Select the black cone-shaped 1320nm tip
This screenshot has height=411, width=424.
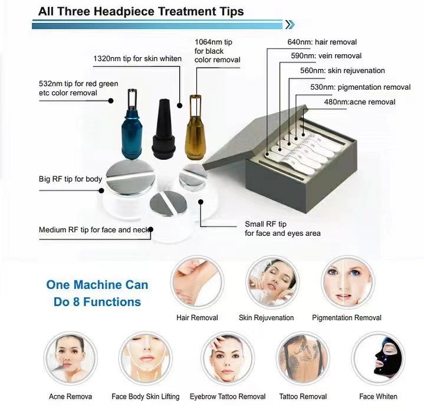coord(164,130)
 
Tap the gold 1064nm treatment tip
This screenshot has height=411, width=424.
coord(195,129)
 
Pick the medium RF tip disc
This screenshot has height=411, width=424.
coord(169,204)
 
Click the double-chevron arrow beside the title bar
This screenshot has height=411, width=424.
coord(290,25)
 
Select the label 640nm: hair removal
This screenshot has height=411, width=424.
coord(322,42)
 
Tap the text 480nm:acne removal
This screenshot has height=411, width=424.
coord(360,102)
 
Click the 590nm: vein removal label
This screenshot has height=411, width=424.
coord(326,56)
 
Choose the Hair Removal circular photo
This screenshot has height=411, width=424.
coord(197,282)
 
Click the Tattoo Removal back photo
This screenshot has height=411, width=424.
coord(303,359)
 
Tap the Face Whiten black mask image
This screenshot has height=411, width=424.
coord(378,359)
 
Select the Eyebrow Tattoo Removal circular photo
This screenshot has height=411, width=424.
coord(228,359)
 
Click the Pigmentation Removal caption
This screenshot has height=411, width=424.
coord(347,318)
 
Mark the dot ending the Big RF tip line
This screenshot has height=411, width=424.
coord(101,190)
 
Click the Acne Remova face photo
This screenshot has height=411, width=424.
coord(70,359)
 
